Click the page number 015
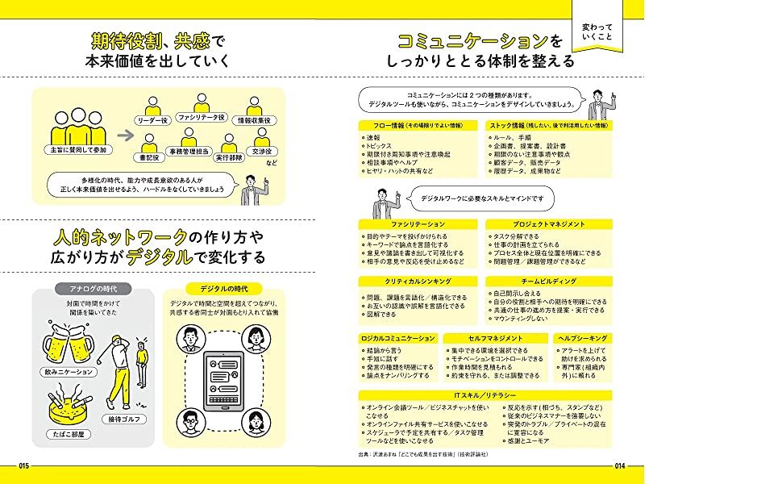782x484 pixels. [x=23, y=465]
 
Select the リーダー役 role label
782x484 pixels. [x=153, y=120]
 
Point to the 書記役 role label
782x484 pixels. [x=150, y=158]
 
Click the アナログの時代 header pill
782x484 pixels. [x=86, y=290]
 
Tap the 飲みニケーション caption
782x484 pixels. [x=67, y=373]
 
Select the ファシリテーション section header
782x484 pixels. [x=418, y=223]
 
